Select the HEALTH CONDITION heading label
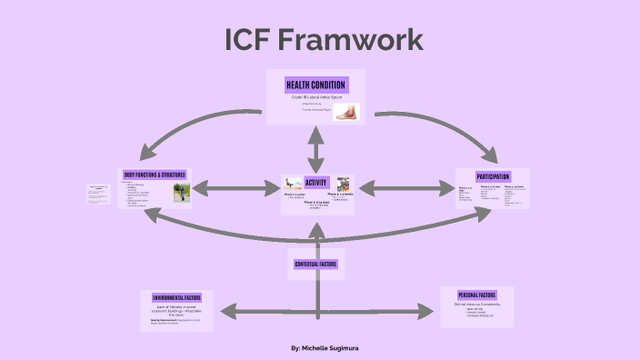pos(315,85)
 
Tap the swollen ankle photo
pos(345,112)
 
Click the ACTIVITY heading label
pos(316,182)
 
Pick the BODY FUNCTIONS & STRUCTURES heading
pos(155,174)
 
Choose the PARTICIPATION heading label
pos(492,176)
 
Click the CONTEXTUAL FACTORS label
pos(316,264)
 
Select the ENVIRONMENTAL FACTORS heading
pos(176,297)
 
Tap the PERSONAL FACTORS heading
pos(476,295)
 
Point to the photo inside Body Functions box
pos(182,193)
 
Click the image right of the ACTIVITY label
pos(343,184)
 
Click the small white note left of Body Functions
pos(98,193)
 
